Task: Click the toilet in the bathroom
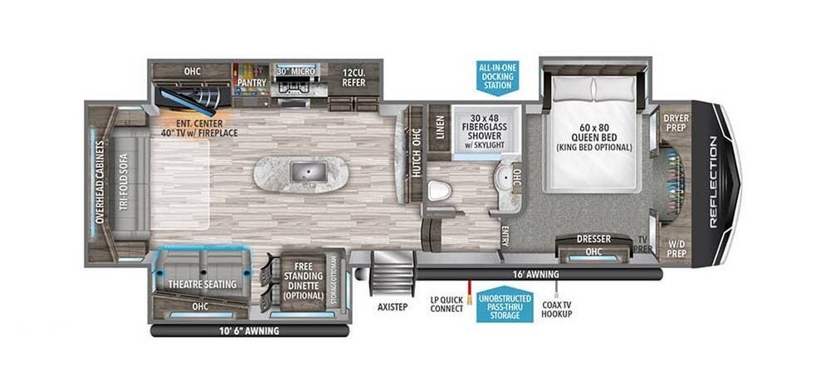tap(439, 191)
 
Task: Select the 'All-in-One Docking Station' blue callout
tap(498, 76)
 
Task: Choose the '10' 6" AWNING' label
tap(249, 331)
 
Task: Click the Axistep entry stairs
tap(393, 272)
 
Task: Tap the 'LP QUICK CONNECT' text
tap(447, 305)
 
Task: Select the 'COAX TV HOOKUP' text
tap(557, 309)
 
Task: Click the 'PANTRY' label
tap(251, 82)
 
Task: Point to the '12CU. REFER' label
tap(354, 77)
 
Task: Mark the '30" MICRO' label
tap(296, 71)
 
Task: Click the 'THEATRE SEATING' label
tap(203, 285)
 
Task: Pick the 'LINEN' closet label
tap(439, 126)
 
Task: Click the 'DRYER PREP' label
tap(676, 123)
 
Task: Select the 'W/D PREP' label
tap(676, 249)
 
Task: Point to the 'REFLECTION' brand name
tap(713, 182)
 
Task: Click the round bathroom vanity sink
tap(504, 176)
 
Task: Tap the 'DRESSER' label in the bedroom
tap(594, 239)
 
